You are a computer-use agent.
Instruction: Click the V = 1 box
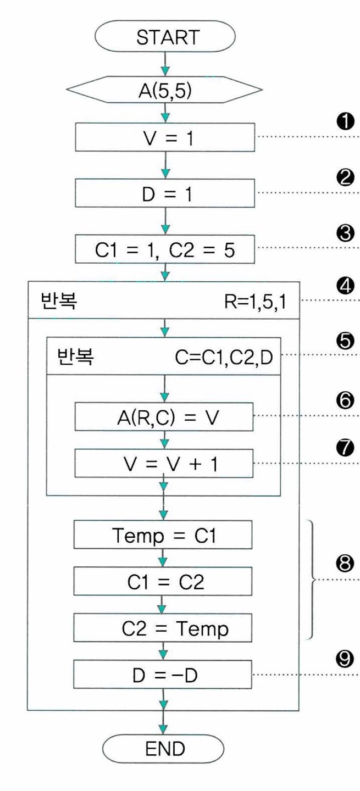(x=165, y=137)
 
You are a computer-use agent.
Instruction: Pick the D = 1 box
(x=165, y=193)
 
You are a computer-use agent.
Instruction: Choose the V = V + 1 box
(x=164, y=463)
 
